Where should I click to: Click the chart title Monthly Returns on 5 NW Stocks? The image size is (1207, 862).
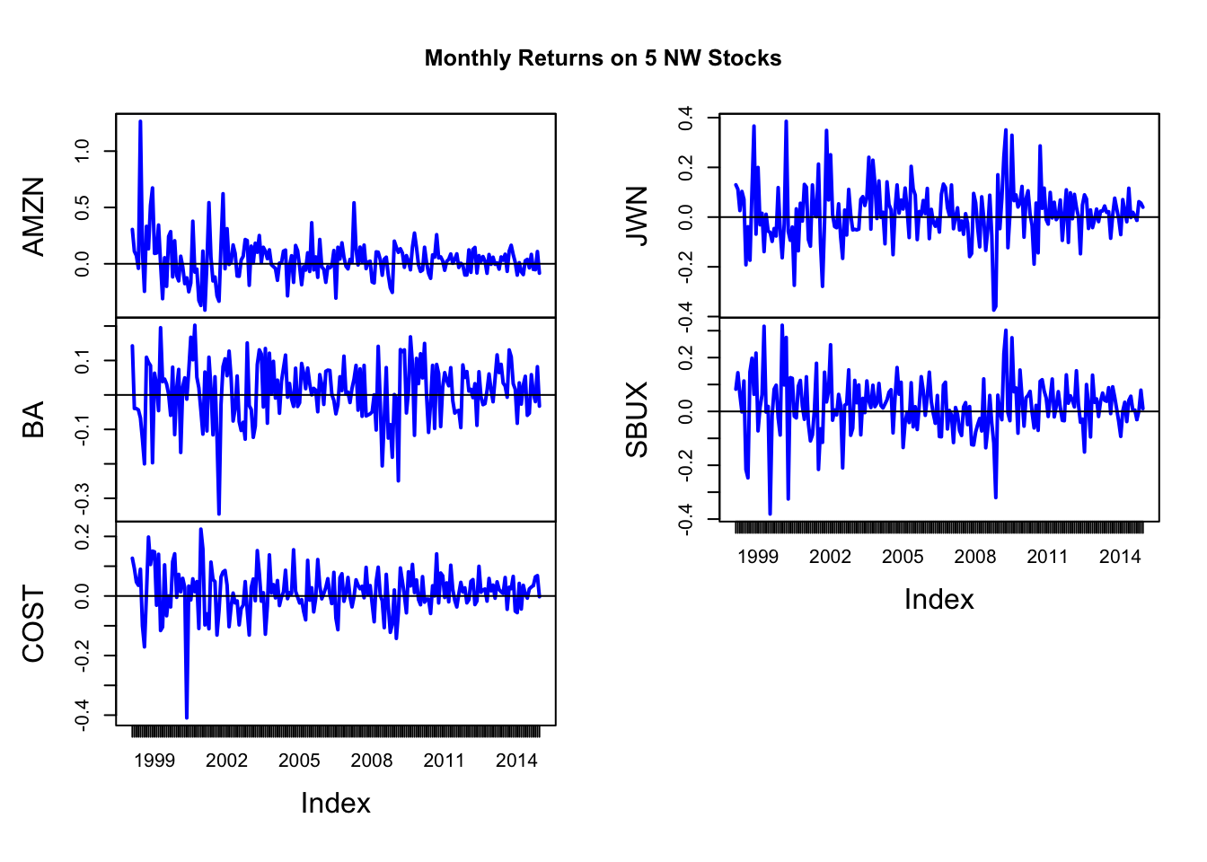(x=603, y=58)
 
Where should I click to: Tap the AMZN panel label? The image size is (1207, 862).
(x=33, y=216)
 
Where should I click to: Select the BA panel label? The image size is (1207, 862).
(x=33, y=419)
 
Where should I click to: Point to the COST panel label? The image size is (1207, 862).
(x=33, y=625)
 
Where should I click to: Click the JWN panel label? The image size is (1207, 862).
(x=637, y=216)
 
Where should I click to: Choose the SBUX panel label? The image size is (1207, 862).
(x=637, y=419)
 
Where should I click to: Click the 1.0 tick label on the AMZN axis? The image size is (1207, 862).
(x=83, y=151)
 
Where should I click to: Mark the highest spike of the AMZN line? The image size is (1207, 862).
(x=140, y=121)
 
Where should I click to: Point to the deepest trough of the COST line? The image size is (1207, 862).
(x=187, y=717)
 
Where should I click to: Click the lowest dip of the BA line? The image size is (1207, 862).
(x=219, y=514)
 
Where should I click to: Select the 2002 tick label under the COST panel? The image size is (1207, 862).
(x=226, y=761)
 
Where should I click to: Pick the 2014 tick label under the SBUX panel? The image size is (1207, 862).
(x=1120, y=557)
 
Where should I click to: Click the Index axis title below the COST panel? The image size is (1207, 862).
(x=335, y=803)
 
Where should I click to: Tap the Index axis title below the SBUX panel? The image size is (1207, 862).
(x=938, y=599)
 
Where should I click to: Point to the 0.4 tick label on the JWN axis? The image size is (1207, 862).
(x=686, y=118)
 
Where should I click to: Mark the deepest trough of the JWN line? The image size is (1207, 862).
(x=994, y=310)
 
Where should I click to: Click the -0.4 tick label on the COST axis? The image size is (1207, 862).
(x=83, y=716)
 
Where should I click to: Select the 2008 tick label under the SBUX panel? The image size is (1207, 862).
(x=975, y=557)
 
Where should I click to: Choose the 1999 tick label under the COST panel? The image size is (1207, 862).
(x=154, y=761)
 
